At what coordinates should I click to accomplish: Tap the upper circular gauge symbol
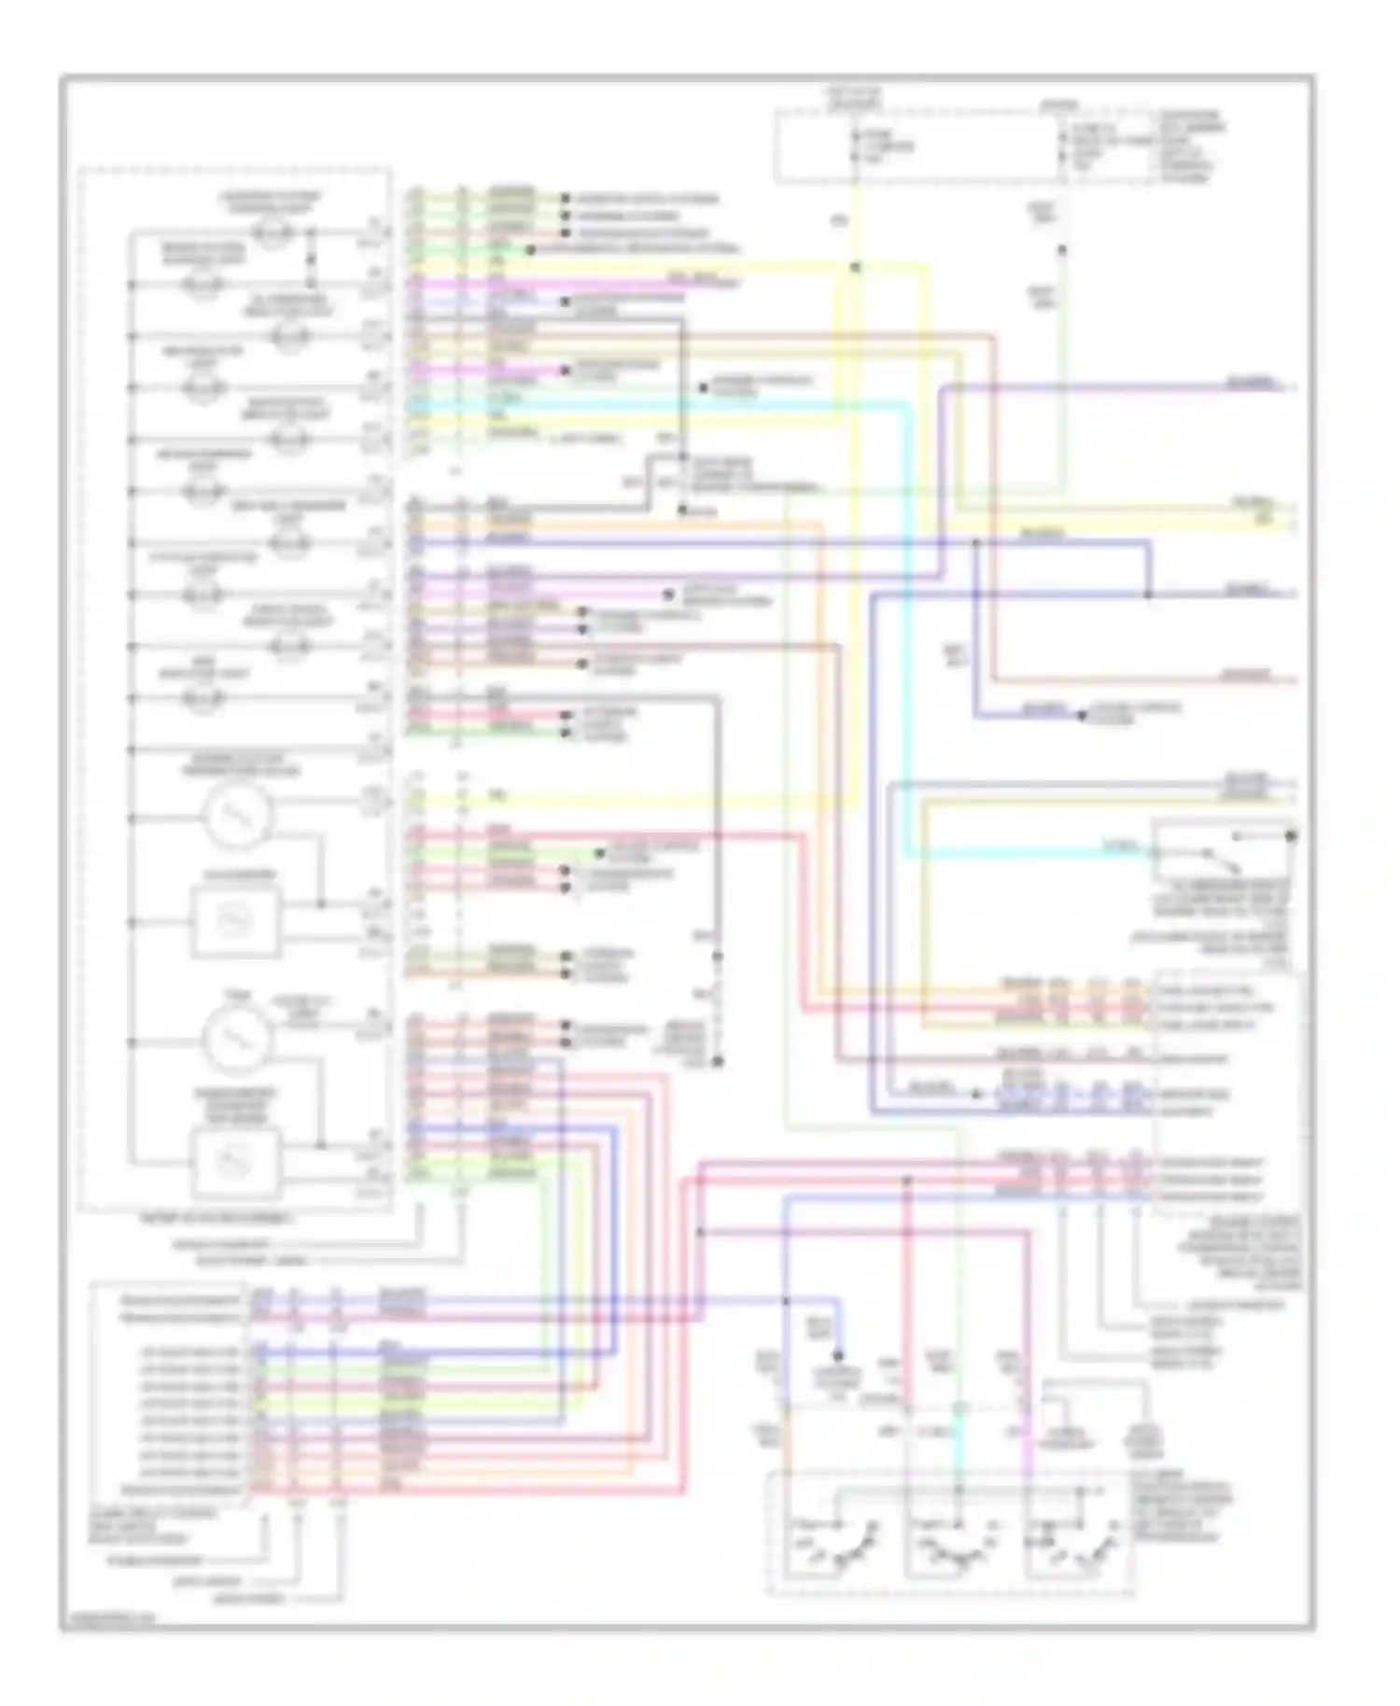[x=237, y=817]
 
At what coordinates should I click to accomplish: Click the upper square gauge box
[x=235, y=922]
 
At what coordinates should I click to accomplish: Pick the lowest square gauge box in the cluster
[x=235, y=1162]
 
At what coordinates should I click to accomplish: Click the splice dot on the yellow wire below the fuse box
[x=855, y=268]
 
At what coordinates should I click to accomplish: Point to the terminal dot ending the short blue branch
[x=1082, y=716]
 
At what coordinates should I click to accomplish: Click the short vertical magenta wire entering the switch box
[x=1030, y=1442]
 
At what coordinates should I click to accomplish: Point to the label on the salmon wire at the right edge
[x=1246, y=673]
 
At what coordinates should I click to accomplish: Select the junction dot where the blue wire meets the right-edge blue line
[x=1148, y=594]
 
